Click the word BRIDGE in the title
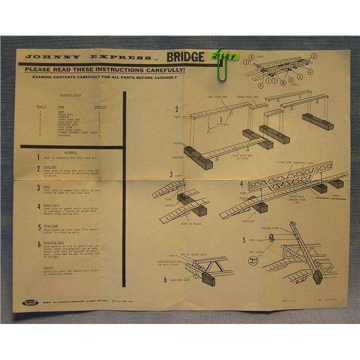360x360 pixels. [185, 58]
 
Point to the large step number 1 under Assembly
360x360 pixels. [38, 157]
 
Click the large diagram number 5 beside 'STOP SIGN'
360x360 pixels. [244, 240]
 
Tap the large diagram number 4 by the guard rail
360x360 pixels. [242, 185]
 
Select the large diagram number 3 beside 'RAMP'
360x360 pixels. [171, 175]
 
